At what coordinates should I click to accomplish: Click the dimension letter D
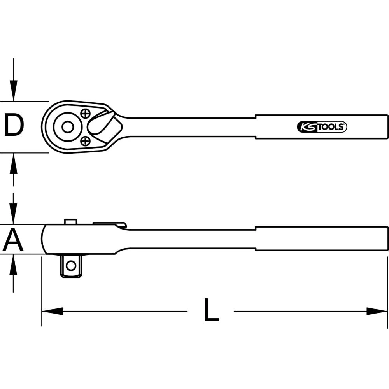[14, 126]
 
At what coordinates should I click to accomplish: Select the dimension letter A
[13, 240]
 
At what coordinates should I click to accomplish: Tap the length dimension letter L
[211, 310]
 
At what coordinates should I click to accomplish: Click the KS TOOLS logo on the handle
[322, 127]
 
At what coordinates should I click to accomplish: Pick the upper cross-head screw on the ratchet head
[85, 113]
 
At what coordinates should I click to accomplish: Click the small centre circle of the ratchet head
[67, 127]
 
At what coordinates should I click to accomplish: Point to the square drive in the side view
[71, 265]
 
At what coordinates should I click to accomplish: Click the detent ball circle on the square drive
[71, 266]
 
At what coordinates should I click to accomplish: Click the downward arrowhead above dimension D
[14, 91]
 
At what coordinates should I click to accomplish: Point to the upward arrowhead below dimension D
[14, 163]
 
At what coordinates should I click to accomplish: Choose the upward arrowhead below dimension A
[14, 265]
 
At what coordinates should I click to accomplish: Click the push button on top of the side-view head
[70, 221]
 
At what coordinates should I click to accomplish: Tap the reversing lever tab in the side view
[110, 224]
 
